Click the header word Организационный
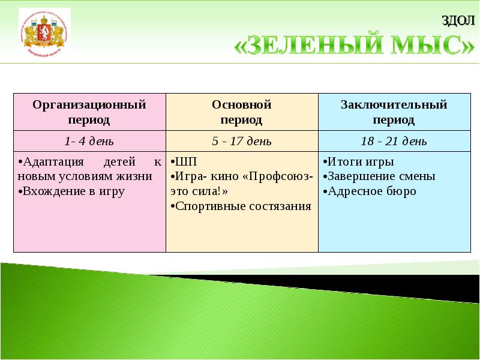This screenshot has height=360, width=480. pyautogui.click(x=89, y=105)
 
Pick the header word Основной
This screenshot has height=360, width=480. pyautogui.click(x=242, y=105)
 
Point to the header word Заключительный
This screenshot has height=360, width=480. pyautogui.click(x=394, y=105)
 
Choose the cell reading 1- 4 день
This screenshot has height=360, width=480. pyautogui.click(x=89, y=142)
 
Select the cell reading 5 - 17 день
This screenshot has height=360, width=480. pyautogui.click(x=242, y=142)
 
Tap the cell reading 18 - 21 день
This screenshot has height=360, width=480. pyautogui.click(x=394, y=142)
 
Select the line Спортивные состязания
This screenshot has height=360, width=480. pyautogui.click(x=242, y=206)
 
